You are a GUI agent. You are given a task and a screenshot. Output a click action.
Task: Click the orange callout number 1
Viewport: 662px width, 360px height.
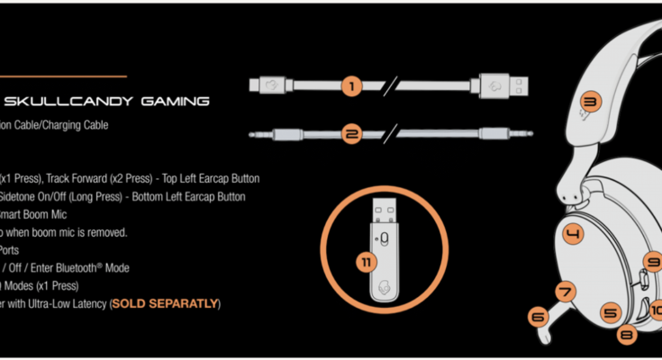click(352, 87)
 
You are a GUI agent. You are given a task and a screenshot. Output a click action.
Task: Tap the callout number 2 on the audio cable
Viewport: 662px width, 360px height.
click(352, 135)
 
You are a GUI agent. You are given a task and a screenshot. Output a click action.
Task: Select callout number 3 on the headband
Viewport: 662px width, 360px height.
click(590, 102)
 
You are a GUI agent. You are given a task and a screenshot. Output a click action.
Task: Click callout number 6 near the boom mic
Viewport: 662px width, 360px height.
click(538, 317)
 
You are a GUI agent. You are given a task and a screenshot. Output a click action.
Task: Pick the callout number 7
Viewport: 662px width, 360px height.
click(566, 292)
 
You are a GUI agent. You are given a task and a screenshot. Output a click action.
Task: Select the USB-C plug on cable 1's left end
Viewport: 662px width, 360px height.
click(269, 87)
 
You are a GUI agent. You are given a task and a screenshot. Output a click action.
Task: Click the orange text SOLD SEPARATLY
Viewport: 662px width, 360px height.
click(164, 303)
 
